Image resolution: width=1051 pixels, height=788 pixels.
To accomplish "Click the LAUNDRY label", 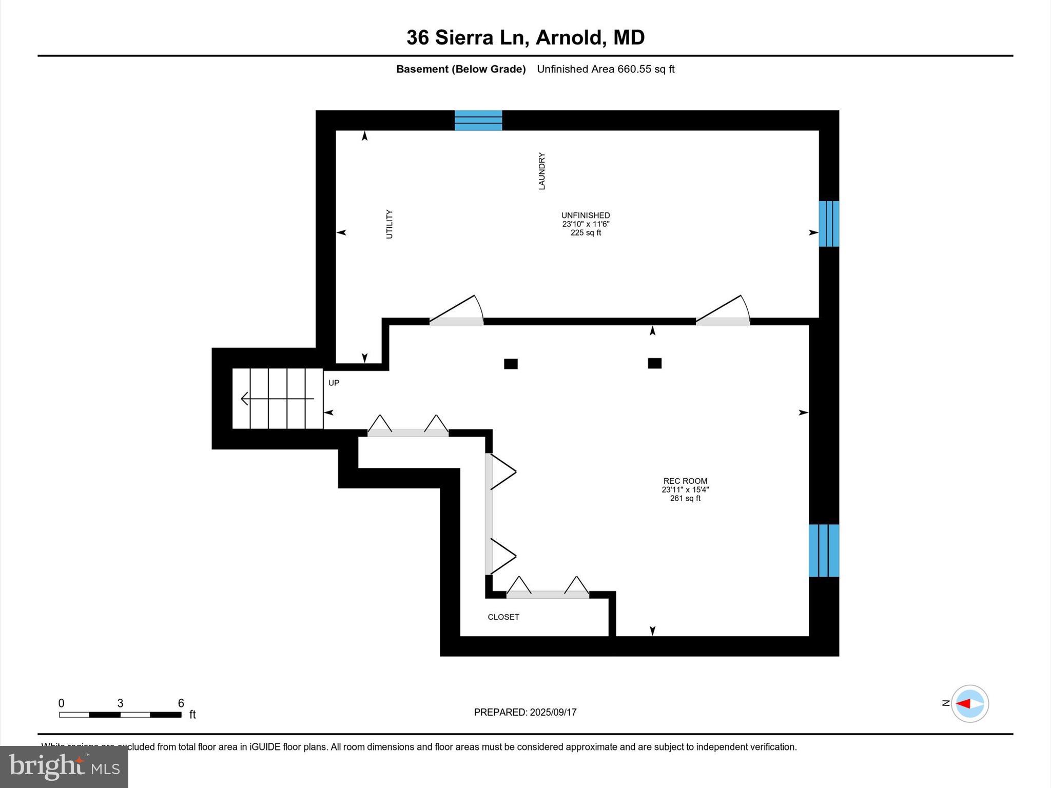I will pos(541,171).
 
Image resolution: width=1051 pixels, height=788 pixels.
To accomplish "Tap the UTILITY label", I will pos(389,224).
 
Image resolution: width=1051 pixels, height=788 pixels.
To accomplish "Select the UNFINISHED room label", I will pos(586,215).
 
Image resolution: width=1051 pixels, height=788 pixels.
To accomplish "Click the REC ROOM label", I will pos(685,481).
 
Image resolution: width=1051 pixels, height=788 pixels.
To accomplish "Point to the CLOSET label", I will pos(503,617).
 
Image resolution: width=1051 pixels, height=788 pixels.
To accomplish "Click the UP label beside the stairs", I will pos(334,383).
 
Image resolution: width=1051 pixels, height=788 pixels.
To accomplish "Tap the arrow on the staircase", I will pos(277,399).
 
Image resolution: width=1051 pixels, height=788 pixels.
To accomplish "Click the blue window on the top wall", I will pos(478,121).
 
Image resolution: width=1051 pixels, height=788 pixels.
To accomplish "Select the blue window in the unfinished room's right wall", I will pos(829,224).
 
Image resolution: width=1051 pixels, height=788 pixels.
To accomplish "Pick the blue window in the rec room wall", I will pos(824,550).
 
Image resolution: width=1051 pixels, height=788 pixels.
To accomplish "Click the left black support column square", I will pos(511,364).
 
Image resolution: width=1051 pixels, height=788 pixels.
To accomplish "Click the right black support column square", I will pos(654,363).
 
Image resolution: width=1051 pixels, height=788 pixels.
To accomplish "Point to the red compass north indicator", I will pos(964,704).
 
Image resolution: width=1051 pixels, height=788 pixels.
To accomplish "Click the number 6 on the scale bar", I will pos(181,703).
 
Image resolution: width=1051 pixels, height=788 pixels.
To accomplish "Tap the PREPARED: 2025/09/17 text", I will pos(525,712).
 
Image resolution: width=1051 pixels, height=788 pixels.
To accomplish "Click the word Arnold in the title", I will pos(568,37).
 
